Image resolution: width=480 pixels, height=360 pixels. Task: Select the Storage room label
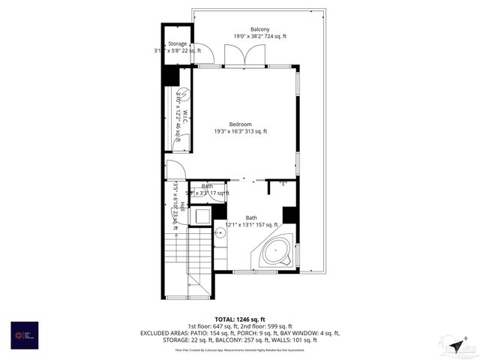(x=177, y=44)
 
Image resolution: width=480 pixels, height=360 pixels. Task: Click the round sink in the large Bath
(x=220, y=234)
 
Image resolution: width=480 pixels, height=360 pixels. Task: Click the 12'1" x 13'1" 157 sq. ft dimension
(x=246, y=224)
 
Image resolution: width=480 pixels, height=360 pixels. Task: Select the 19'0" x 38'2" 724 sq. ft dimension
(x=259, y=36)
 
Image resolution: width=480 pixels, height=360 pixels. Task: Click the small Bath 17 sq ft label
(x=207, y=186)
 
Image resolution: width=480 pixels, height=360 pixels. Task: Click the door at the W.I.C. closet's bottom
(x=172, y=170)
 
